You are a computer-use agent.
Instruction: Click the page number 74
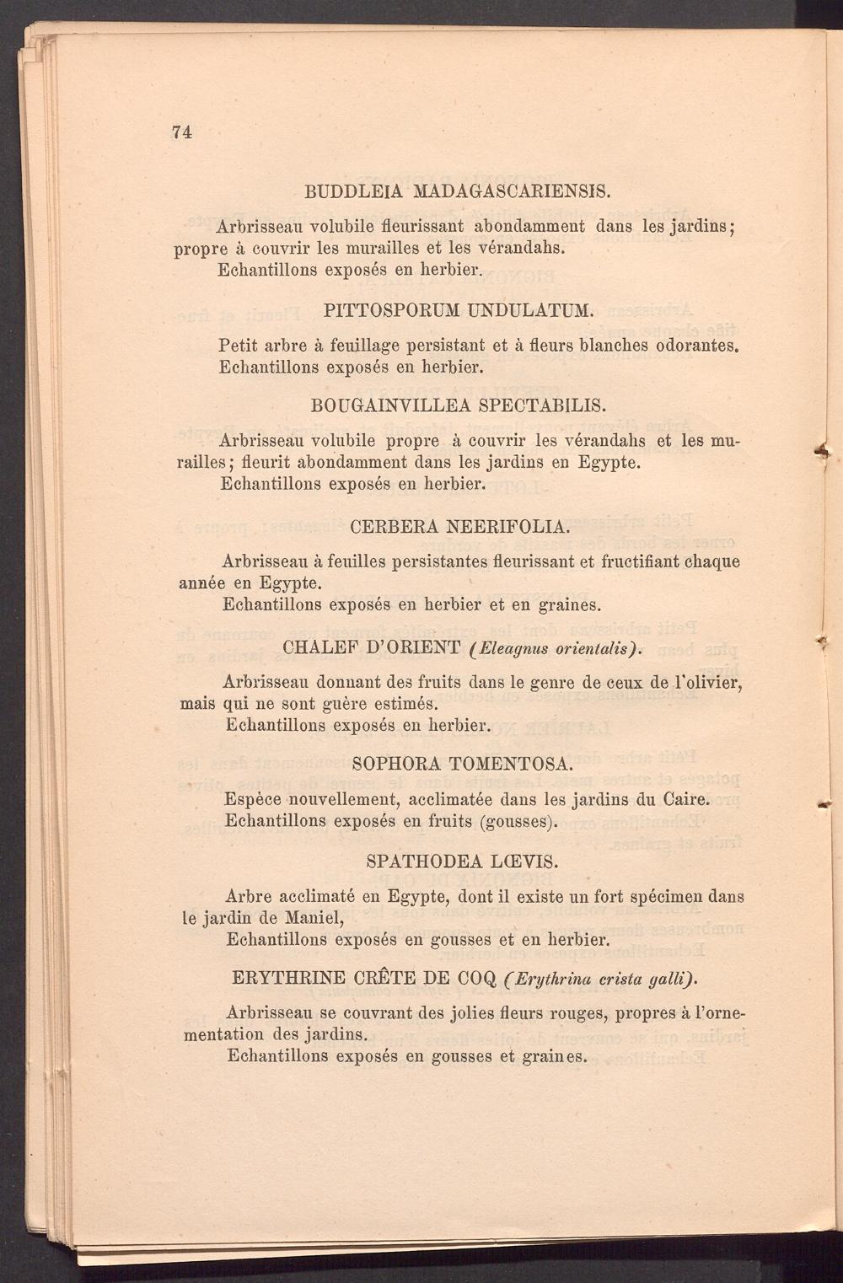point(182,132)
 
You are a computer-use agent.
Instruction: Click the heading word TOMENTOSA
point(513,765)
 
